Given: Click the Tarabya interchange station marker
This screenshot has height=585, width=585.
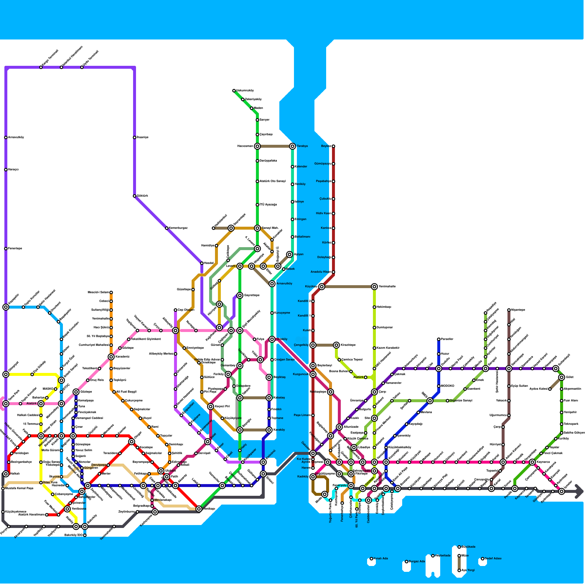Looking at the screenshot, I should (x=292, y=146).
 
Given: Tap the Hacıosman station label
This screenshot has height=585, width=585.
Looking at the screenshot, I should (x=245, y=146).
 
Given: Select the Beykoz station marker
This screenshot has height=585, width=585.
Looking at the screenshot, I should (x=333, y=146).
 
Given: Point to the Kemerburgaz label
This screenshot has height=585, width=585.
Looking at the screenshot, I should (x=178, y=228).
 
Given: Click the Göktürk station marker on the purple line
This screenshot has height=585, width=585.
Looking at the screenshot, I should (x=135, y=196).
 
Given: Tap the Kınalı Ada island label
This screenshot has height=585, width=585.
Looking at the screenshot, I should (x=381, y=559).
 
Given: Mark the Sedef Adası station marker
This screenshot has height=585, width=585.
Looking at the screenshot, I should (x=483, y=559).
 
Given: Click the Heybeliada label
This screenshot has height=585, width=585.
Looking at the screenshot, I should (x=442, y=556).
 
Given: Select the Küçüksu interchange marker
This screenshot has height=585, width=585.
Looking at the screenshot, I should (x=322, y=287).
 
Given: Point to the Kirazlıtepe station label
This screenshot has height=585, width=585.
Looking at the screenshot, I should (x=348, y=345).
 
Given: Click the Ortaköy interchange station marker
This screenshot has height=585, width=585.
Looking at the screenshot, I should (x=272, y=339).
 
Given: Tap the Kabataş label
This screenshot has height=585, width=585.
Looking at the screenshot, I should (x=279, y=398).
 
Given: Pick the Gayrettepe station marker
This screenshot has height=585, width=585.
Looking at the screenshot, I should (x=240, y=295).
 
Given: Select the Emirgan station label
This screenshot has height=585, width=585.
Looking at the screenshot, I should (x=301, y=219).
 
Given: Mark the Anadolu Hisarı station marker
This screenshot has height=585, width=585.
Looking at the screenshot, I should (x=333, y=272).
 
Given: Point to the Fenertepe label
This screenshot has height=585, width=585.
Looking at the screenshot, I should (x=15, y=249).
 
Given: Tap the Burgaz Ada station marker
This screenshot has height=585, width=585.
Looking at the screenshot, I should (x=407, y=562).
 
